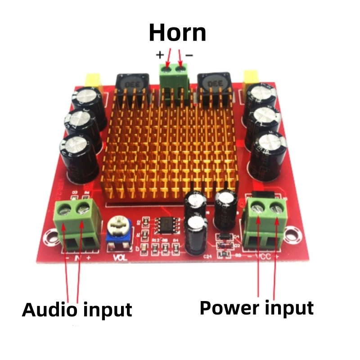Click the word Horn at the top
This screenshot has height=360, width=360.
(177, 32)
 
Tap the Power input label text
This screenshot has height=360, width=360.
(256, 308)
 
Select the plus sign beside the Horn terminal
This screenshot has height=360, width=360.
(160, 55)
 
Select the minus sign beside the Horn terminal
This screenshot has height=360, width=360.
(189, 55)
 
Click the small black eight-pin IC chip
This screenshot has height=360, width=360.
(165, 225)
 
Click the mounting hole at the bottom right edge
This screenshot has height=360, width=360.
(295, 233)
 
